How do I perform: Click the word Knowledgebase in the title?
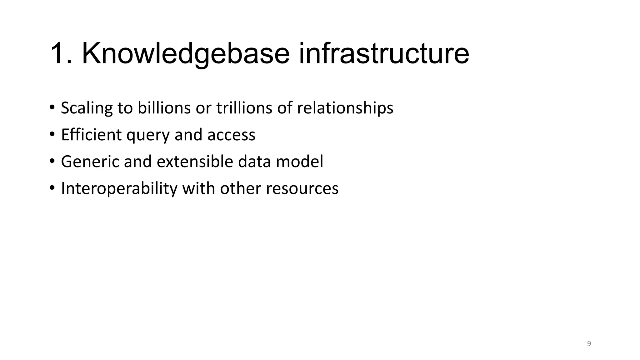(186, 54)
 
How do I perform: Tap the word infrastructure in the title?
(384, 54)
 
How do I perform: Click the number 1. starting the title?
(61, 54)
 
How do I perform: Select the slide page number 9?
(589, 344)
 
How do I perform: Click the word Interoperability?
(119, 189)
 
